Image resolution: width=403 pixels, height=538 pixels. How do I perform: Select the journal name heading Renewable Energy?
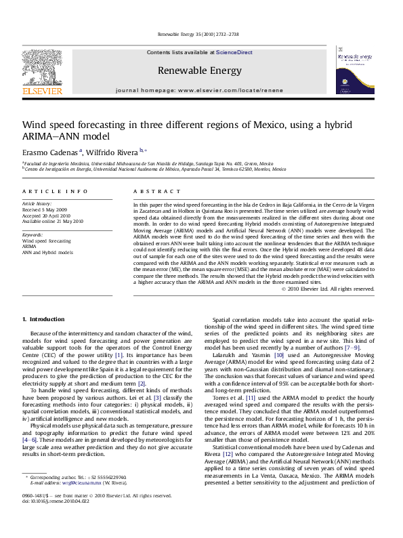[x=199, y=70]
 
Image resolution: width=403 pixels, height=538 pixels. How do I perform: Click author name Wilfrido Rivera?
[x=111, y=152]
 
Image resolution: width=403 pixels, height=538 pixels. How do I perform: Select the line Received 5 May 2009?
[x=45, y=209]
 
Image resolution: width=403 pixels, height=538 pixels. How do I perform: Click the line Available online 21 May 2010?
[x=53, y=221]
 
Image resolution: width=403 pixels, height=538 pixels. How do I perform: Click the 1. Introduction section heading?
[x=43, y=319]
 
